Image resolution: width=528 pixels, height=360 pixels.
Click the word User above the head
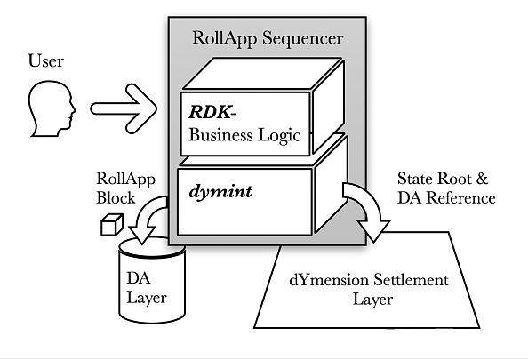(x=46, y=61)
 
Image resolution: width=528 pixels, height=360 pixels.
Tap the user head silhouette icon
(x=52, y=108)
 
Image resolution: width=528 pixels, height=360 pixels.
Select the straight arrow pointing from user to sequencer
(x=124, y=108)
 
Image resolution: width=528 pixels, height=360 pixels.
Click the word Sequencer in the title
(x=303, y=38)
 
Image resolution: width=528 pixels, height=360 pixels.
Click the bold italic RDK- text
(x=212, y=112)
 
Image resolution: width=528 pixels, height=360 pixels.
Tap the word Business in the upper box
(x=220, y=135)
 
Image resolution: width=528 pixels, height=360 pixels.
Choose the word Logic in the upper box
(x=279, y=136)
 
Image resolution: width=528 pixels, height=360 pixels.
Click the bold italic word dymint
(x=220, y=192)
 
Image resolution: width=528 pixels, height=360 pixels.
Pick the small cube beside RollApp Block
(x=112, y=225)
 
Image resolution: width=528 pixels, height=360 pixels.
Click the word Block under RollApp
(x=116, y=197)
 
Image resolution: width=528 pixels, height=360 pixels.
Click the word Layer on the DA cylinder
(x=147, y=299)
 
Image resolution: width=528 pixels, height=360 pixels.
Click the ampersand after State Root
(x=482, y=179)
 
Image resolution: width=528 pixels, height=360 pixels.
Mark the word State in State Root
(x=414, y=179)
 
